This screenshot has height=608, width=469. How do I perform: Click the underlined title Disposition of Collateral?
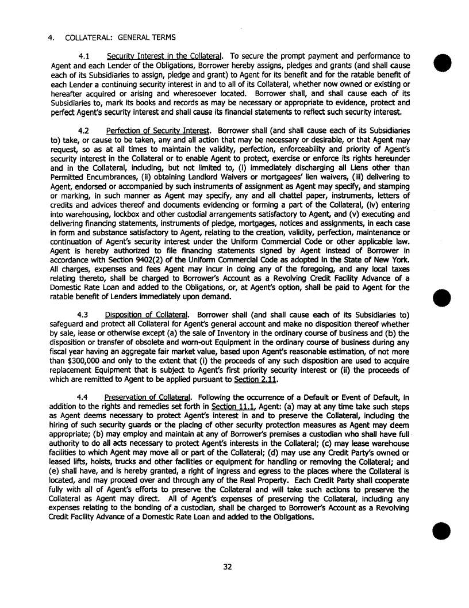147,315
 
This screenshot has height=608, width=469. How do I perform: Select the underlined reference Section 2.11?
254,380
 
